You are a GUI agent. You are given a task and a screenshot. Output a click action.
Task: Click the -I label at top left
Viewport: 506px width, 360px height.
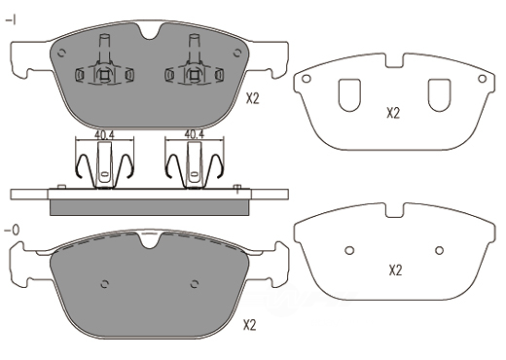11,21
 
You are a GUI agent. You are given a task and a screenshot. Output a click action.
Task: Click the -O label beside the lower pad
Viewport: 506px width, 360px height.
12,231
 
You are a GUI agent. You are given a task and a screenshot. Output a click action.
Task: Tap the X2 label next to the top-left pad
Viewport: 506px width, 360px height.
253,98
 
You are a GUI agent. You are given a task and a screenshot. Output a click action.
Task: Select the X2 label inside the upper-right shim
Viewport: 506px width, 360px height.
393,113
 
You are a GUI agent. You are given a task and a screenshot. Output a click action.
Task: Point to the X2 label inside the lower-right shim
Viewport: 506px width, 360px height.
395,270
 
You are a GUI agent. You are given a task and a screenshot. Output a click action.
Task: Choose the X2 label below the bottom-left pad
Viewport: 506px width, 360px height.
250,325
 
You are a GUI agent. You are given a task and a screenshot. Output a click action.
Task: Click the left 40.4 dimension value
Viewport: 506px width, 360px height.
104,134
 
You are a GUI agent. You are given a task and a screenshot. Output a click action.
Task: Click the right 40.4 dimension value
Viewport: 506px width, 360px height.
195,134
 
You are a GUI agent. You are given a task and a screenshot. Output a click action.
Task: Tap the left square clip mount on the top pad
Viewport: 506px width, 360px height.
104,75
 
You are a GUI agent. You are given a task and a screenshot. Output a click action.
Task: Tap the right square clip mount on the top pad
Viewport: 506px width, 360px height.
194,75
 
